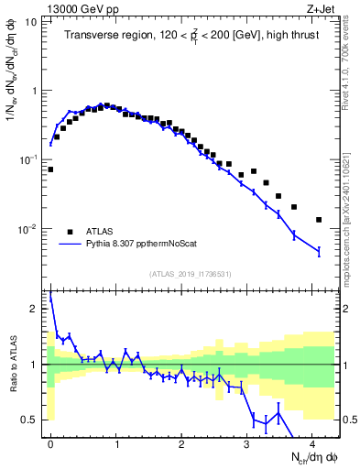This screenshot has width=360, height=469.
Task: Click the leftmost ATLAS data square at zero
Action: (x=50, y=169)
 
